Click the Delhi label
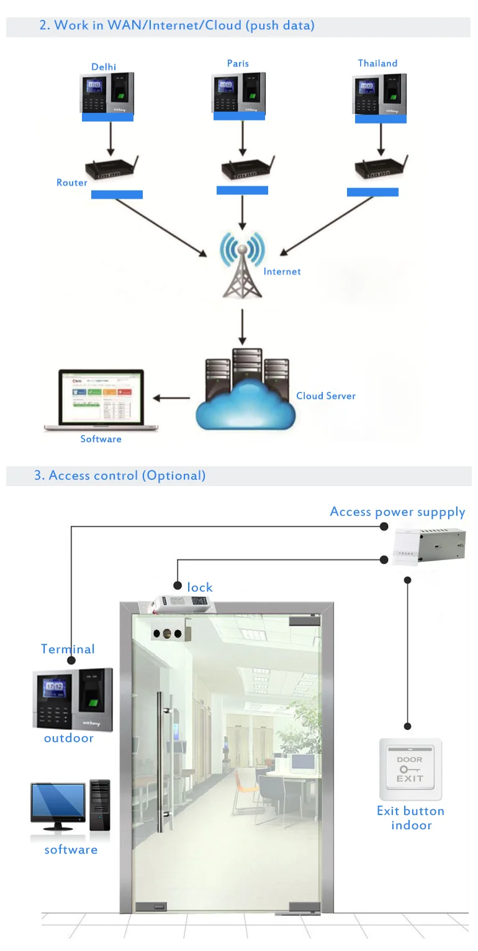coord(104,67)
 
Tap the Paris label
coord(238,63)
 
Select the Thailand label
coord(377,63)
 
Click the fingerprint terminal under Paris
coord(238,92)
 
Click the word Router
coord(72,183)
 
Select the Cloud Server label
coord(326,395)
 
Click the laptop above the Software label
coord(101,399)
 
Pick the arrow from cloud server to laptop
coord(171,398)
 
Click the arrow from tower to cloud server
coord(243,325)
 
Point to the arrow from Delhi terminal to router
coord(110,138)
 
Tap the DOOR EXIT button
coord(410,769)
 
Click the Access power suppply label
coord(397,512)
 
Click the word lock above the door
coord(200,587)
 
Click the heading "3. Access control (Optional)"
coord(120,475)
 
